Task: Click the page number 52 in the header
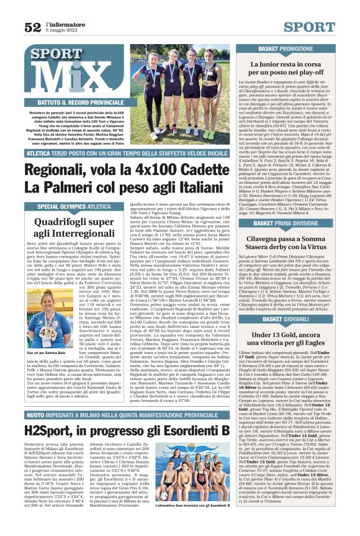pos(32,27)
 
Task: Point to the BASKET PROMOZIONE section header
pos(286,48)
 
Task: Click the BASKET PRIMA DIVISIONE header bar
pos(286,222)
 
